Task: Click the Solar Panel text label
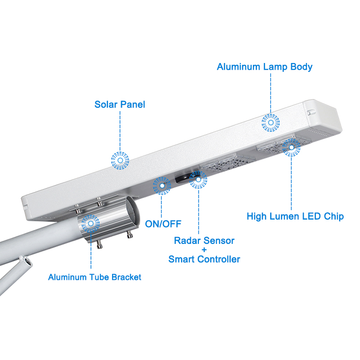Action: tap(120, 105)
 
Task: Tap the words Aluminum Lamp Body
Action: tap(265, 67)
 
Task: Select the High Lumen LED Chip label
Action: tap(295, 216)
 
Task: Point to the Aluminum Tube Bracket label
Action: tap(94, 277)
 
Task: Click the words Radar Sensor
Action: tap(204, 241)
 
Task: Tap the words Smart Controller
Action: tap(204, 259)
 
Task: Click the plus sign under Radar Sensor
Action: tap(204, 250)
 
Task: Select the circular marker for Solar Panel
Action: tap(120, 160)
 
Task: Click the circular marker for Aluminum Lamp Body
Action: tap(270, 122)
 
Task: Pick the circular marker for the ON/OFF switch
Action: tap(162, 185)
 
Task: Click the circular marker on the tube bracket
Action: tap(91, 223)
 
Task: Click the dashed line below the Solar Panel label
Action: tap(120, 130)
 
